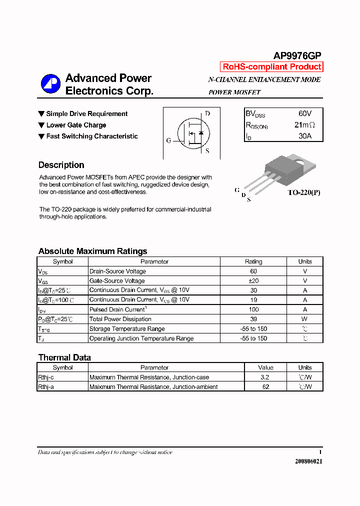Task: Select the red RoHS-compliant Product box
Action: tap(271, 67)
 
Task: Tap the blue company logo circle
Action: tap(50, 83)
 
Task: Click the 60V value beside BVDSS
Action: tap(304, 113)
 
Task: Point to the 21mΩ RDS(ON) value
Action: tap(304, 125)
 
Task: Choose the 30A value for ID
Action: tap(304, 136)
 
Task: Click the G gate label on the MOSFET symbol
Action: tap(168, 141)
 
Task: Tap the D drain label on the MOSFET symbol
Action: tap(207, 113)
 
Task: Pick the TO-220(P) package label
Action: tap(303, 192)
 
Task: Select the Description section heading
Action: tap(61, 165)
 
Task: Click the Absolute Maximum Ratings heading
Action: tap(92, 251)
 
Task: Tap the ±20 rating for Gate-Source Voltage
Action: tap(253, 281)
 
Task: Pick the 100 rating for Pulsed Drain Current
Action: tap(253, 309)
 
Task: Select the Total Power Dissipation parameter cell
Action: tap(120, 319)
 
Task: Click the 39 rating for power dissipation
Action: tap(253, 319)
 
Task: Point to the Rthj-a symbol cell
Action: tap(46, 387)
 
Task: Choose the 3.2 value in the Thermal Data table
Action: tap(265, 377)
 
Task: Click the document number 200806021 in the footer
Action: tap(308, 461)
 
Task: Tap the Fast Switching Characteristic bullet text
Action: tap(92, 136)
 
